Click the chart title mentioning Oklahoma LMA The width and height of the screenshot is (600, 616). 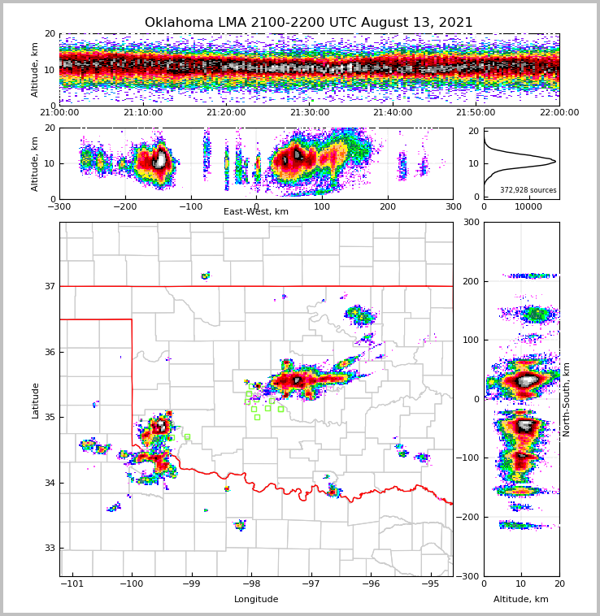click(308, 23)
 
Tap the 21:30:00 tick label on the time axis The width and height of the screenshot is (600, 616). click(310, 113)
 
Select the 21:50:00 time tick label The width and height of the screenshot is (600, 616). click(476, 113)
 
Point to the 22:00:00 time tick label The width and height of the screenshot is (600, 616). click(559, 113)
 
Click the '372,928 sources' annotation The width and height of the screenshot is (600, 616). click(528, 190)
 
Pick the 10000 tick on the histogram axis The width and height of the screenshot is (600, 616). click(528, 207)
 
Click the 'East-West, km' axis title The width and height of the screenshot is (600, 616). click(256, 212)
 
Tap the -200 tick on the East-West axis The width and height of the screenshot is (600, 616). click(125, 207)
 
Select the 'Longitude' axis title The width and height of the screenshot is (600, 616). click(256, 600)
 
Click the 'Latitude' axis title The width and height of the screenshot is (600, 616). click(36, 400)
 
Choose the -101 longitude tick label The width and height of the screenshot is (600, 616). click(72, 583)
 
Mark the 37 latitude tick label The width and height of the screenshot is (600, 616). click(49, 286)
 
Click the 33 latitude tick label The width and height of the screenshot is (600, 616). click(49, 548)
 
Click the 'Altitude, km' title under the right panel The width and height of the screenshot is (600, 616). click(521, 600)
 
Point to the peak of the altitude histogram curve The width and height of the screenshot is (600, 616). click(555, 162)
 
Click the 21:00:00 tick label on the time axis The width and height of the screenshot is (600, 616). click(59, 113)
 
